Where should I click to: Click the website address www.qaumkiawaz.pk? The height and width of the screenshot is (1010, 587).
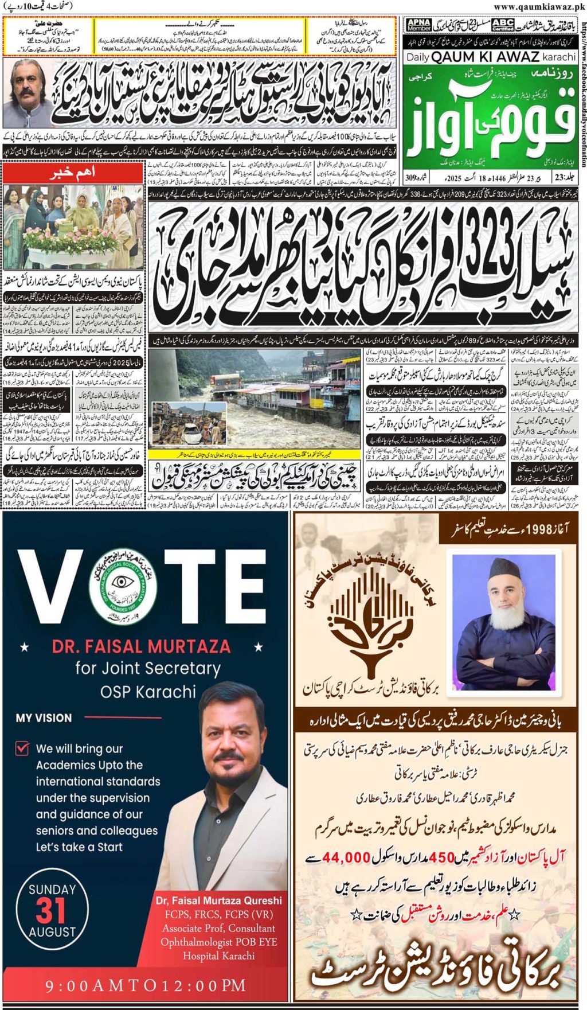click(x=538, y=6)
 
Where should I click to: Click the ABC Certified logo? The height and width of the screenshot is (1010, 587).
click(x=502, y=25)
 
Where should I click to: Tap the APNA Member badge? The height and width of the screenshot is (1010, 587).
click(x=418, y=25)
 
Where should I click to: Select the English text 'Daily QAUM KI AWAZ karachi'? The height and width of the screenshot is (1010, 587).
click(x=491, y=57)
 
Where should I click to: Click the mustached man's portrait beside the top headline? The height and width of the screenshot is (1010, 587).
click(x=26, y=92)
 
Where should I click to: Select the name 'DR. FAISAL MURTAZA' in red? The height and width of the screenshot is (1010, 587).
click(x=141, y=646)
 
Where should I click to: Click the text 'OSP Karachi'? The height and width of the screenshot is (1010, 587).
click(x=148, y=692)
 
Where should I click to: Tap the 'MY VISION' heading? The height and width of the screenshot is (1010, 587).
click(x=44, y=718)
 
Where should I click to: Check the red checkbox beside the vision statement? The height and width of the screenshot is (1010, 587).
click(x=22, y=748)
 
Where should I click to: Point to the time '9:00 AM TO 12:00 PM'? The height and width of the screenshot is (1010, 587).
click(x=146, y=985)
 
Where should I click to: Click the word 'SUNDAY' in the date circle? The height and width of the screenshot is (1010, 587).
click(x=52, y=890)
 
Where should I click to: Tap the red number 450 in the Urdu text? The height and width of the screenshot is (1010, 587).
click(x=441, y=857)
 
